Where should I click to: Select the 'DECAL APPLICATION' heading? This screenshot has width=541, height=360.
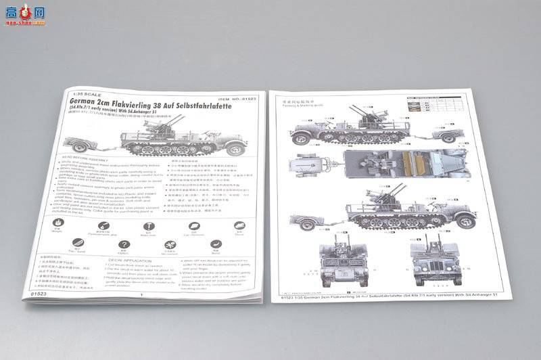(x=131, y=260)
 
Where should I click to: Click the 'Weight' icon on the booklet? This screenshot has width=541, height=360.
(x=58, y=224)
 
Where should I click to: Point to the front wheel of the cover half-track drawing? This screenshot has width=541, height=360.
(x=235, y=149)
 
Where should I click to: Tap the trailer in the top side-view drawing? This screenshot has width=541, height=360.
(x=442, y=134)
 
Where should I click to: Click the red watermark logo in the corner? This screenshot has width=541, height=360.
(x=24, y=14)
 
